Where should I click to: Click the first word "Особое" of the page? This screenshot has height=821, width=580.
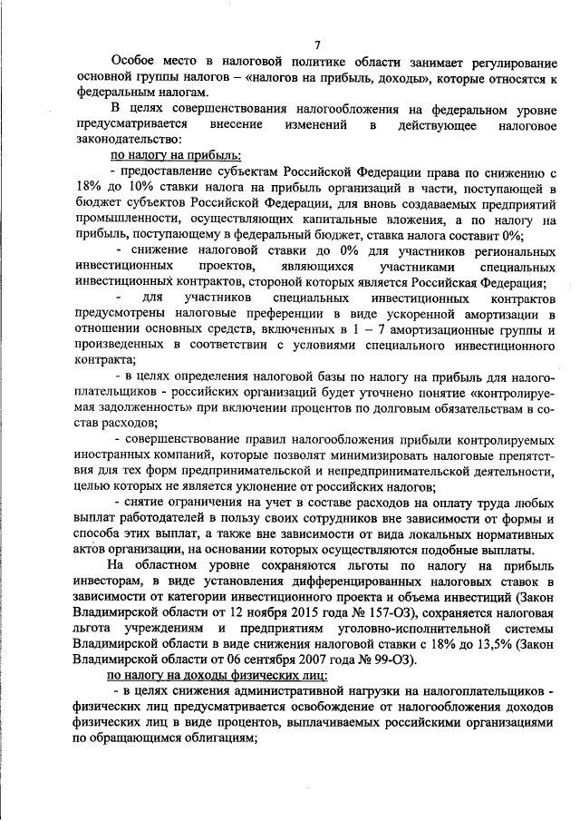tap(130, 62)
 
